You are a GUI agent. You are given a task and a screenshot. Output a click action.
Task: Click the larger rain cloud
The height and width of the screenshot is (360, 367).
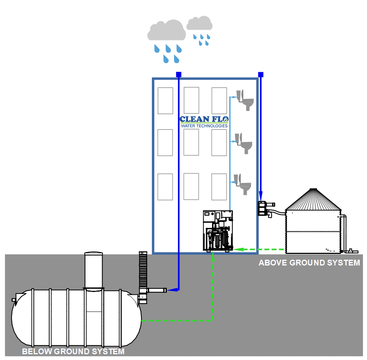[x=166, y=31]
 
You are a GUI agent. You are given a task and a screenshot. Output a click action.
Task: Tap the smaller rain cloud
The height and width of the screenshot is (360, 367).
[x=199, y=23]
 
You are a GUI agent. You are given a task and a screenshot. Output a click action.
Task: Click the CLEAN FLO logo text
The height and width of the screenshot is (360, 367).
[x=204, y=119]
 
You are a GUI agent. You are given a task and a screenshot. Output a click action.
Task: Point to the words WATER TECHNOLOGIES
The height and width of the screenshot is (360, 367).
[x=204, y=126]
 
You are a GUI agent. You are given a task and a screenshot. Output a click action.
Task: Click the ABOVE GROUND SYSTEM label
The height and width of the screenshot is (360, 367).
[x=309, y=263]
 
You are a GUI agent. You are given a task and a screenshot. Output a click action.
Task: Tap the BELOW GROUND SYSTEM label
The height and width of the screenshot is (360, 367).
[x=73, y=351]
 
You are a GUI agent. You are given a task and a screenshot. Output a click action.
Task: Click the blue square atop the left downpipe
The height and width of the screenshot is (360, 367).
[x=178, y=74]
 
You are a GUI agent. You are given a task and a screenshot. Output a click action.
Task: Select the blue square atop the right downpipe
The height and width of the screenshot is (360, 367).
[x=261, y=74]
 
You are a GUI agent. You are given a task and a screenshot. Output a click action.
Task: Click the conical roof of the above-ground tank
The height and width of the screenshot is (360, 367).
[x=314, y=199]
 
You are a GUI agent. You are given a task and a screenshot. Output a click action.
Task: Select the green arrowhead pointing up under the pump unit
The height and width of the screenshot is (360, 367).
[x=213, y=255]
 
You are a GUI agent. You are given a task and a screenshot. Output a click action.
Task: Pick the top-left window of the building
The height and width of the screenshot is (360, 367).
[x=165, y=100]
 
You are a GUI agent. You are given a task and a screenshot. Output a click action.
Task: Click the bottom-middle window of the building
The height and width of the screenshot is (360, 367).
[x=191, y=186]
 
